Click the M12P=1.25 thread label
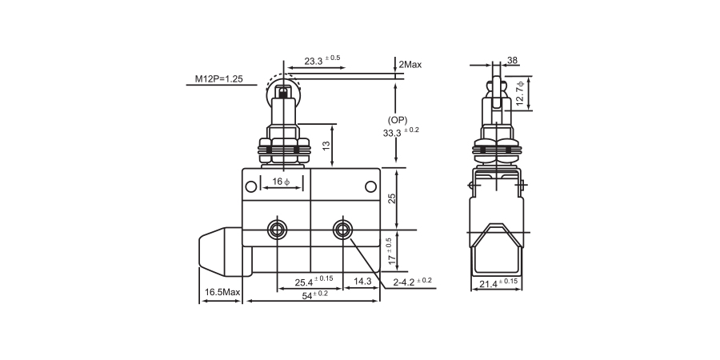pyautogui.click(x=220, y=79)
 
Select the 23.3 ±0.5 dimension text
pyautogui.click(x=322, y=59)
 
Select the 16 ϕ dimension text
pyautogui.click(x=281, y=182)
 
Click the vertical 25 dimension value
pyautogui.click(x=392, y=198)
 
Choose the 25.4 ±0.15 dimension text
pyautogui.click(x=313, y=281)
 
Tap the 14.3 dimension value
pyautogui.click(x=362, y=281)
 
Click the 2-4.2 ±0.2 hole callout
pyautogui.click(x=412, y=281)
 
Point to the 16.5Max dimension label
pyautogui.click(x=222, y=293)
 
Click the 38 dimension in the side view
pyautogui.click(x=512, y=59)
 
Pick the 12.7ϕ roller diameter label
pyautogui.click(x=521, y=93)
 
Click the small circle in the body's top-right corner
pyautogui.click(x=370, y=187)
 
